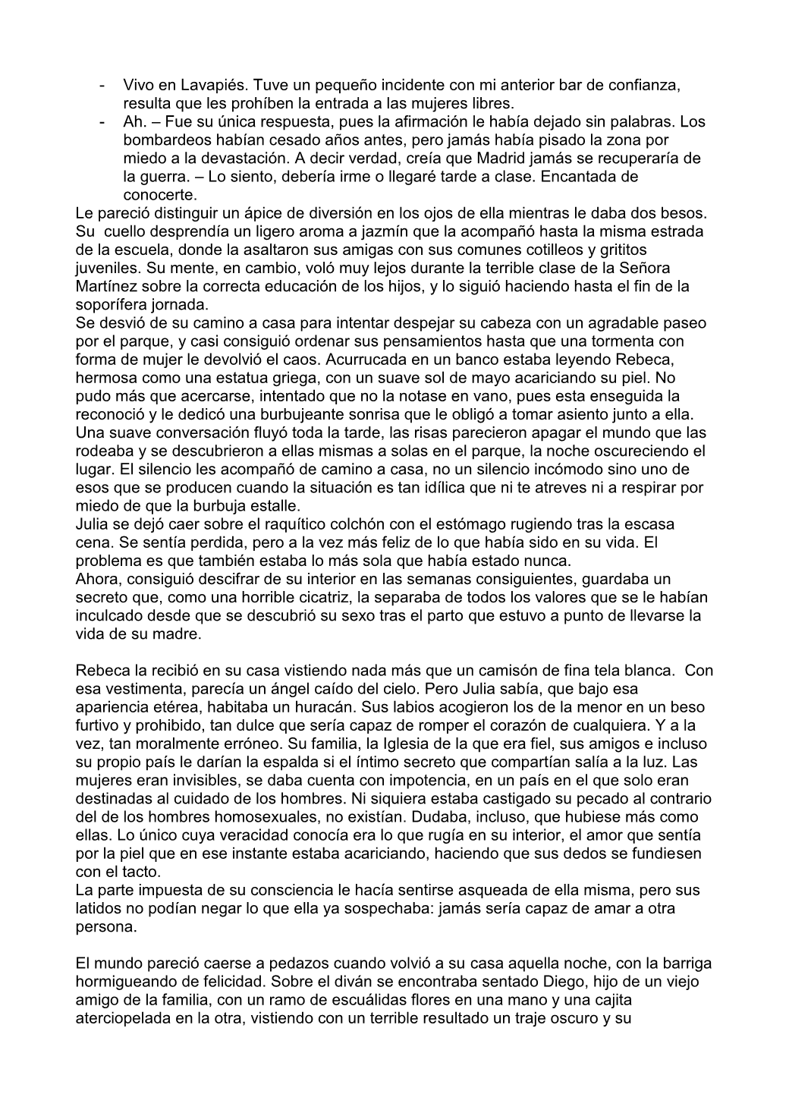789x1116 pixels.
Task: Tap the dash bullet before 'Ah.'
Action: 102,122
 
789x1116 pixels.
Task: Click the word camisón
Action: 472,671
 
